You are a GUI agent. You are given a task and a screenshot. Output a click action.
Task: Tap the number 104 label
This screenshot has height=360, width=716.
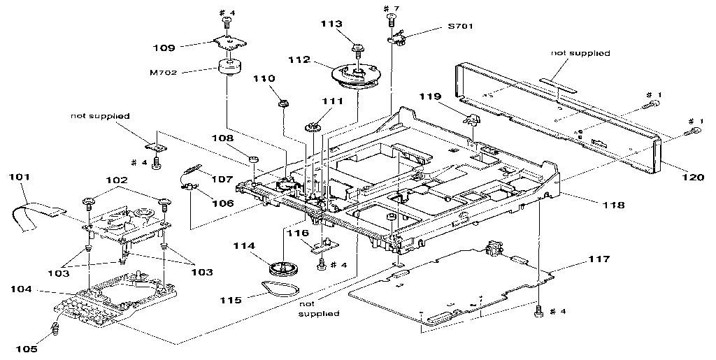[21, 288]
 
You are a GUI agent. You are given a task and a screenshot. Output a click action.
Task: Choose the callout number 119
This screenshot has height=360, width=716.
[431, 96]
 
